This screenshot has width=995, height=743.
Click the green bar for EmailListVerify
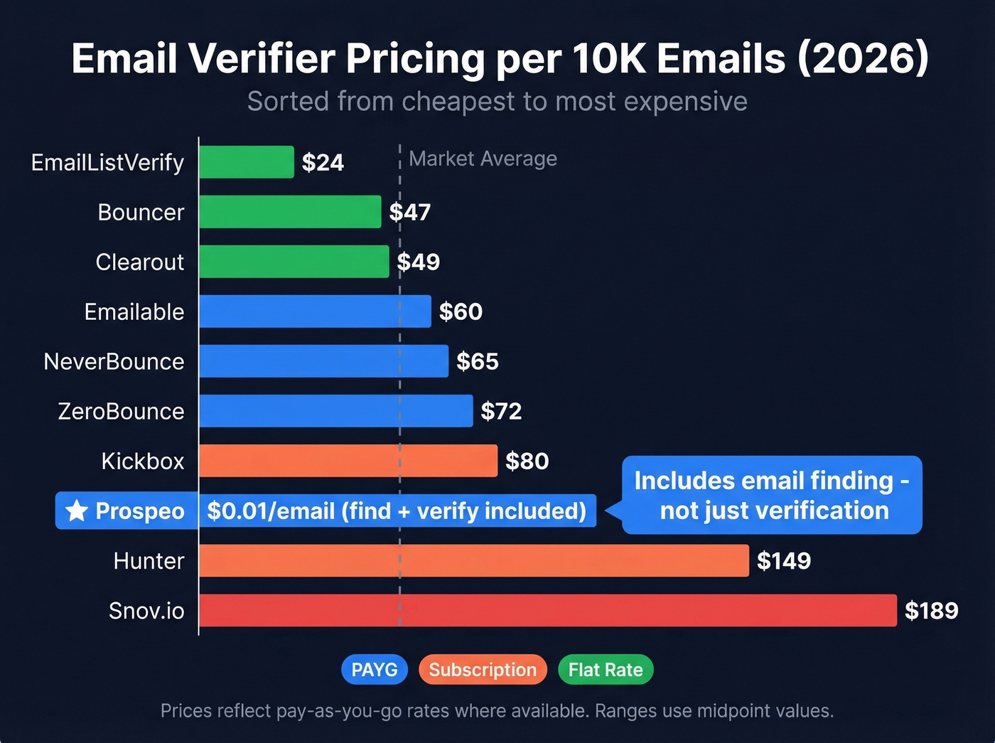click(246, 162)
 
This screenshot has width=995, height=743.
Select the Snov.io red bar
click(547, 610)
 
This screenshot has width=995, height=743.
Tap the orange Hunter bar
click(473, 560)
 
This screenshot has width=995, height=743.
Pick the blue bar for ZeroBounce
click(335, 411)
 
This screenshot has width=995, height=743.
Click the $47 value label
click(410, 212)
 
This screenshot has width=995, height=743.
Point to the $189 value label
click(931, 610)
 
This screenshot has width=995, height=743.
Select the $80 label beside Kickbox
click(527, 461)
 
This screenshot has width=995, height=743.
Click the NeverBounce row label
click(114, 361)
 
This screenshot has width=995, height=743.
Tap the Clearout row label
click(139, 262)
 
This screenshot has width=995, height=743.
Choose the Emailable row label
click(134, 311)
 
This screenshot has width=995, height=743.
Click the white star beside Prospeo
click(77, 511)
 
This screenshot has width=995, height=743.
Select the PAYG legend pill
click(375, 670)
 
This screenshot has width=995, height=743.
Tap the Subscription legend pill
click(483, 670)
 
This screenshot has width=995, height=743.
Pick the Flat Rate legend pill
click(606, 670)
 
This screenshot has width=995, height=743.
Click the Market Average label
click(483, 159)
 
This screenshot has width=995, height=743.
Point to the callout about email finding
click(772, 495)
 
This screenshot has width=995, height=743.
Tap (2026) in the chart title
click(863, 58)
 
